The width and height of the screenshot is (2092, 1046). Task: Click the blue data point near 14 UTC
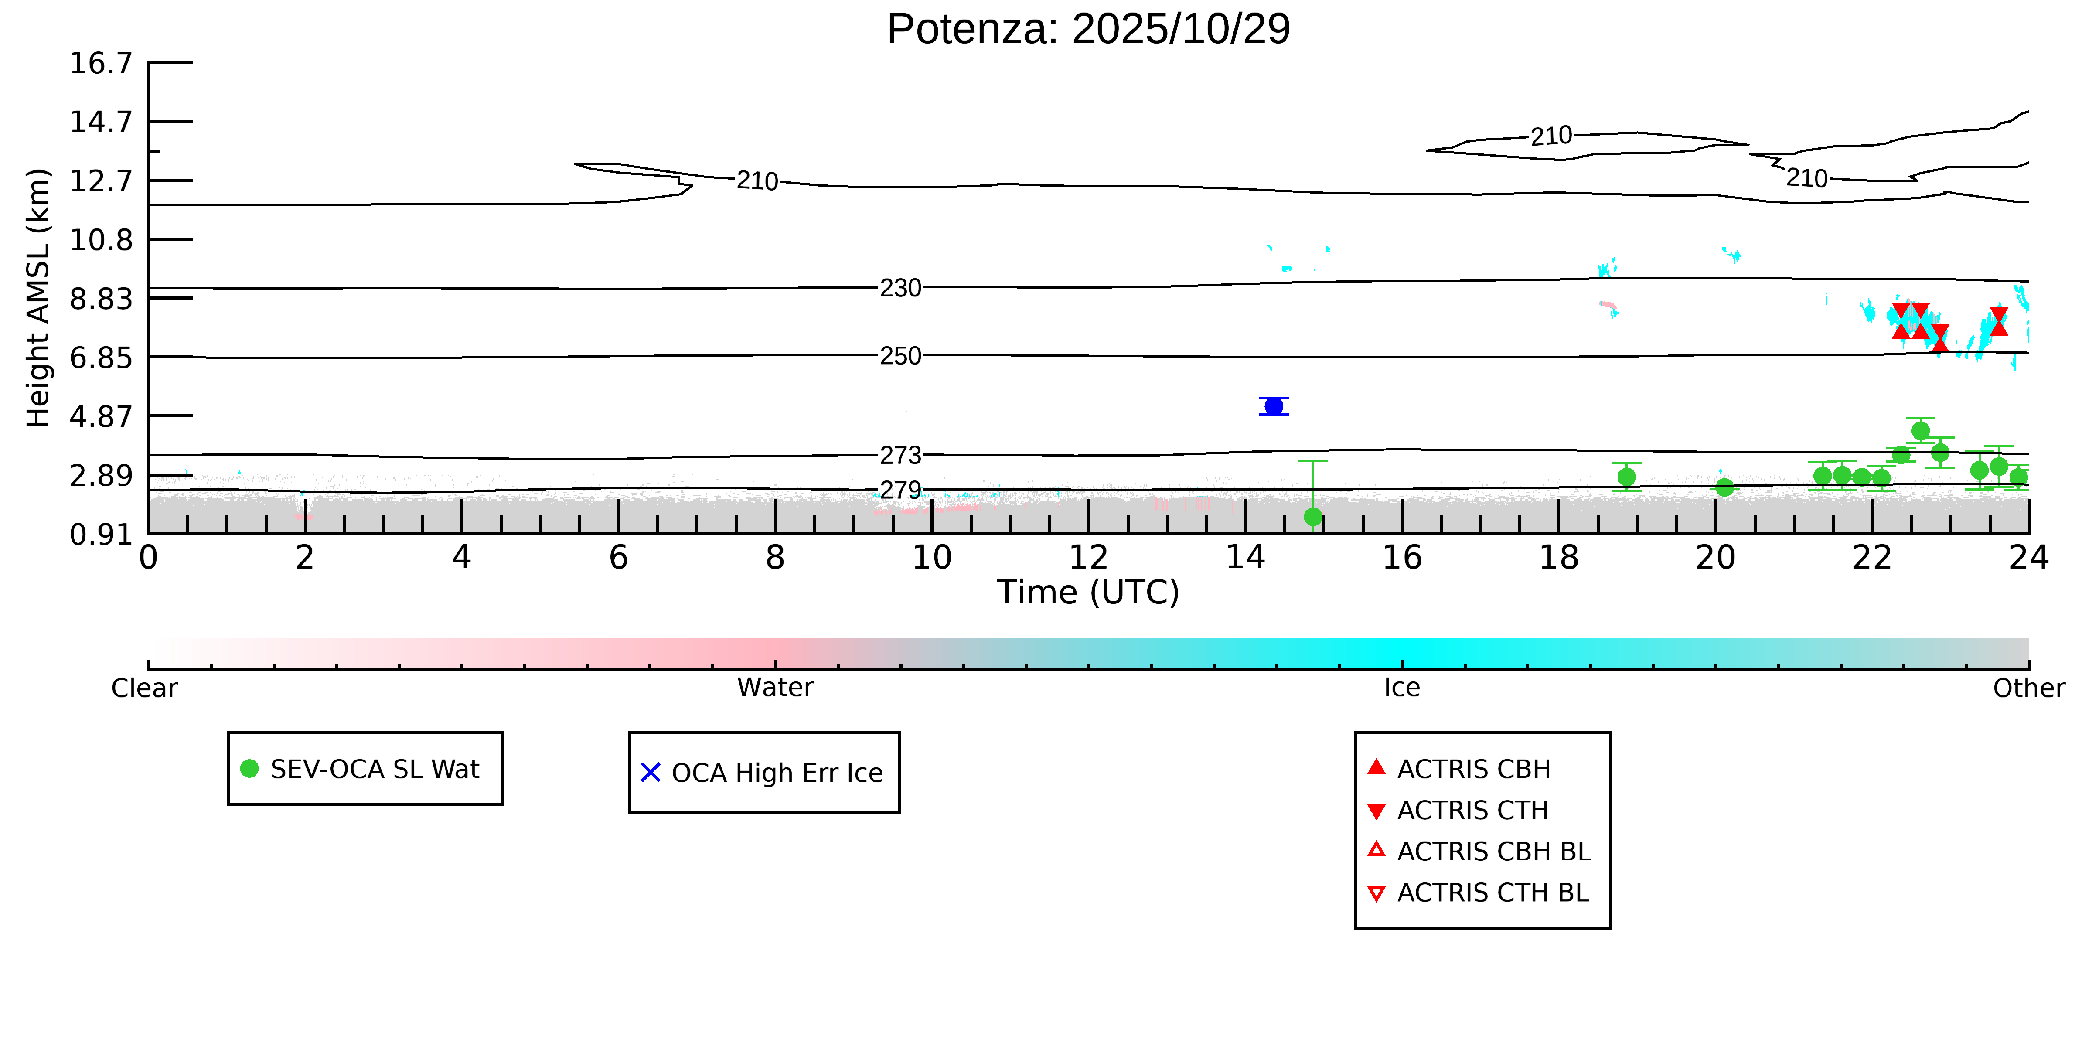1274,406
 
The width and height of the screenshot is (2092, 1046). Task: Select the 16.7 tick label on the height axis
101,63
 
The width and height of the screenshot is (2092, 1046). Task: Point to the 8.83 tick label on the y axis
101,299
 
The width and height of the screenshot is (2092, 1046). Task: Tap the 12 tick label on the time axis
1088,558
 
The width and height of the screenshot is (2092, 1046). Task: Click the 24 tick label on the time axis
2028,558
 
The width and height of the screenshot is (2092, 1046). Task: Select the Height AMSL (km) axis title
38,298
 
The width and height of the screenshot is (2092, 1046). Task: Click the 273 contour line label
901,456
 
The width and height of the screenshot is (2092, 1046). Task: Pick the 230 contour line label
901,288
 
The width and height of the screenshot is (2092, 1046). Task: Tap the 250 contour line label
901,356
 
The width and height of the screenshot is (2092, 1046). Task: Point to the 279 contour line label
901,491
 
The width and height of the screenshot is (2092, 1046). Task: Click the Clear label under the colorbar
145,688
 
